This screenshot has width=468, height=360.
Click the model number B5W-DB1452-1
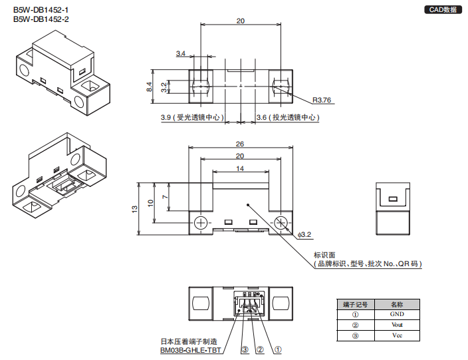click(x=41, y=10)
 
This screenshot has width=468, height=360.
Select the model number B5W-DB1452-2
click(x=41, y=19)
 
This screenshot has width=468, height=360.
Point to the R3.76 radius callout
click(x=322, y=100)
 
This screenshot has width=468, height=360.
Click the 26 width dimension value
click(x=240, y=144)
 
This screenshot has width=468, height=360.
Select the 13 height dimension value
click(x=135, y=208)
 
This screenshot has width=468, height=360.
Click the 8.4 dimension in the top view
click(x=150, y=87)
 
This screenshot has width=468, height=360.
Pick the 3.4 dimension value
click(x=181, y=54)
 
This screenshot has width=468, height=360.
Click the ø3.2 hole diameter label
click(x=304, y=234)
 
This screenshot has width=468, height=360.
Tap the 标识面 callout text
click(x=324, y=254)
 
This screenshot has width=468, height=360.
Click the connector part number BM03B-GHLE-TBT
click(x=190, y=349)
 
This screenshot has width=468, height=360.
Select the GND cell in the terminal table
click(x=397, y=314)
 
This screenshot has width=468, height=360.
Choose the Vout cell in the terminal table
click(x=397, y=325)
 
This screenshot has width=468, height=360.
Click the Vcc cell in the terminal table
click(x=397, y=336)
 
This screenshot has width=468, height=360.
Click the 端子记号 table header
click(x=356, y=303)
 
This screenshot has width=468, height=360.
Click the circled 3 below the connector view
click(x=245, y=349)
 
